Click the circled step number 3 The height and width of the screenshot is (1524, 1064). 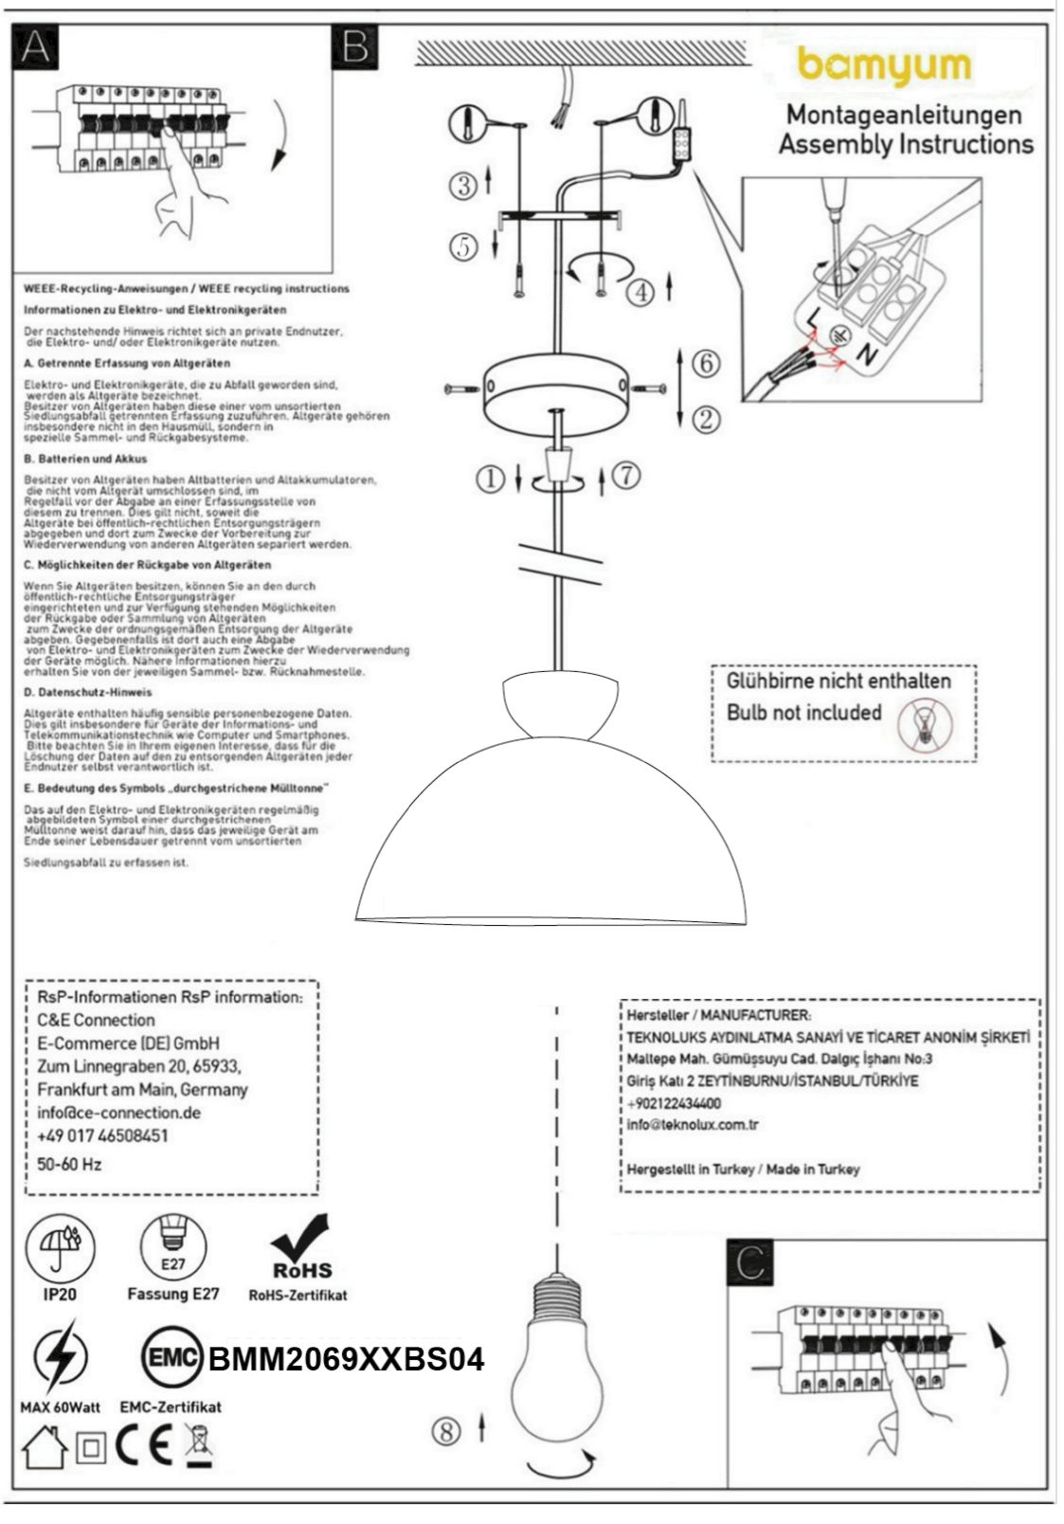463,185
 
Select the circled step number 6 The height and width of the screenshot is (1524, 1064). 705,362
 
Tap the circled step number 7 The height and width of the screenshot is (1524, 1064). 626,476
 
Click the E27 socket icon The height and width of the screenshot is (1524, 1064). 172,1246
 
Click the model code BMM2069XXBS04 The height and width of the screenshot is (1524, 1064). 346,1360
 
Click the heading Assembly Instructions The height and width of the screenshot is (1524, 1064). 905,145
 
